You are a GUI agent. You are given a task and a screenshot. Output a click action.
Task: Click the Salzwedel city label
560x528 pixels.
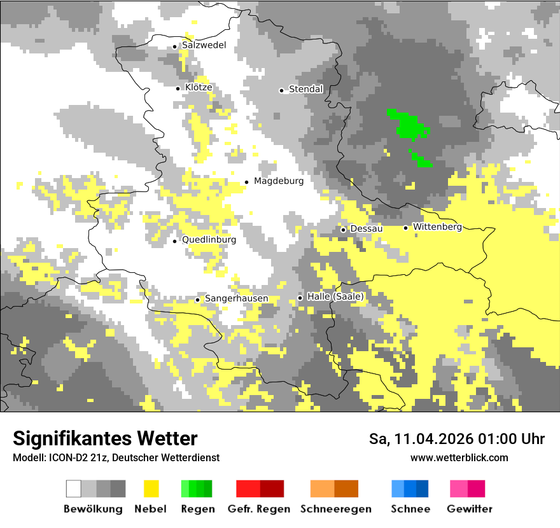pyautogui.click(x=204, y=45)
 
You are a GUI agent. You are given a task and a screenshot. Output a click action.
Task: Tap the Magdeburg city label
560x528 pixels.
pyautogui.click(x=279, y=181)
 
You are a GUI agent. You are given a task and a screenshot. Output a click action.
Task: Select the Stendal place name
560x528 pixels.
pyautogui.click(x=306, y=90)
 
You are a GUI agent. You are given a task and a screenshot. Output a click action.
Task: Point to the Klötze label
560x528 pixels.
pyautogui.click(x=199, y=87)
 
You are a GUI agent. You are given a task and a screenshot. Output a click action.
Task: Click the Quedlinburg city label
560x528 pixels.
pyautogui.click(x=209, y=240)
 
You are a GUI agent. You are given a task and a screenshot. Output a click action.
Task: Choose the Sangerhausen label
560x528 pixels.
pyautogui.click(x=236, y=298)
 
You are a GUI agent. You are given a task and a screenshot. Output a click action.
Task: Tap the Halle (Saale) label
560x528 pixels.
pyautogui.click(x=335, y=296)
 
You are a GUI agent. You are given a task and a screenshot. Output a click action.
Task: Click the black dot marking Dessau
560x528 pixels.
pyautogui.click(x=343, y=230)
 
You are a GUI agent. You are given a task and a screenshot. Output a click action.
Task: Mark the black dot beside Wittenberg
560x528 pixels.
pyautogui.click(x=405, y=228)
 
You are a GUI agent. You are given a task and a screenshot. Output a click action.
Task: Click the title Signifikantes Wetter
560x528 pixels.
pyautogui.click(x=105, y=438)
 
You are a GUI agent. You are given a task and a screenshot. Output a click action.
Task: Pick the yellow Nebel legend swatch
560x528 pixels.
pyautogui.click(x=151, y=489)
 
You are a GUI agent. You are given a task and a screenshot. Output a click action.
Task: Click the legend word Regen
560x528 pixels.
pyautogui.click(x=197, y=509)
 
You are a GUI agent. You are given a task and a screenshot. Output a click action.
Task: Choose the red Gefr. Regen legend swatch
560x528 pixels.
pyautogui.click(x=260, y=489)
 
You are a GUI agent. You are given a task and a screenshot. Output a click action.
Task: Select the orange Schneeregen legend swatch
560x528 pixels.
pyautogui.click(x=334, y=489)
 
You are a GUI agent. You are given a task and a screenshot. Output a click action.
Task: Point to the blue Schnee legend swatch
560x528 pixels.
pyautogui.click(x=410, y=489)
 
